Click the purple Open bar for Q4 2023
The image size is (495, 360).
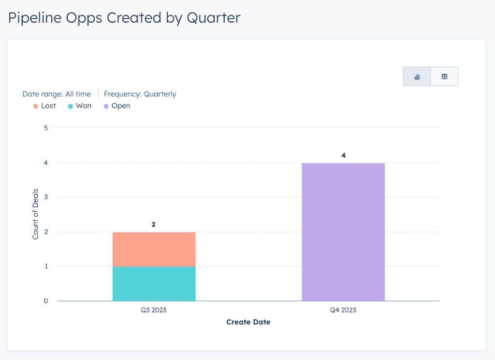(x=343, y=232)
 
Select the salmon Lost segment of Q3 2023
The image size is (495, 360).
(x=154, y=249)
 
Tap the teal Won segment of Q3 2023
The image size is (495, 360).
(x=154, y=284)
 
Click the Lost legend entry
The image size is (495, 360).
(x=44, y=105)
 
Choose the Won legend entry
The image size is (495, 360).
(x=80, y=105)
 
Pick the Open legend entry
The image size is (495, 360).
(x=116, y=105)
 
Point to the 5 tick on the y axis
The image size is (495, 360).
(x=46, y=128)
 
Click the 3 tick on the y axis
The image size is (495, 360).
(x=46, y=197)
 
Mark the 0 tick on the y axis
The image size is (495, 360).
(x=46, y=301)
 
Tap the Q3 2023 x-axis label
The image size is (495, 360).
(x=154, y=310)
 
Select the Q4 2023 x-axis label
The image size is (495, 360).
(x=343, y=310)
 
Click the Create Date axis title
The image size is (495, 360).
(x=248, y=322)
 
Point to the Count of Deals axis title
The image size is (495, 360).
(x=36, y=214)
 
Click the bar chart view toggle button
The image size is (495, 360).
(x=417, y=76)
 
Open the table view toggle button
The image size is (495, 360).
(x=444, y=76)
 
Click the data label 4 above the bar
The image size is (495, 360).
(x=344, y=155)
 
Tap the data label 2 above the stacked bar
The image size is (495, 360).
(x=154, y=225)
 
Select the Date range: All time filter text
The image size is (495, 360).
(x=57, y=94)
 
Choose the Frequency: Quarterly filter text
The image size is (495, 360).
(x=140, y=94)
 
